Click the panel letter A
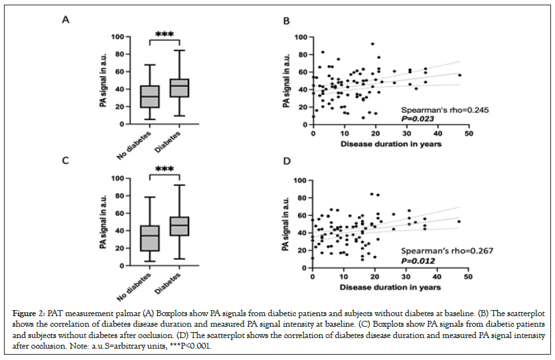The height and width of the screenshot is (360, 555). click(x=65, y=19)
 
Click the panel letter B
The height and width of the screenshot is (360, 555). click(x=287, y=23)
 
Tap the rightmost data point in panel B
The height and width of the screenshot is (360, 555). click(x=459, y=75)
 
